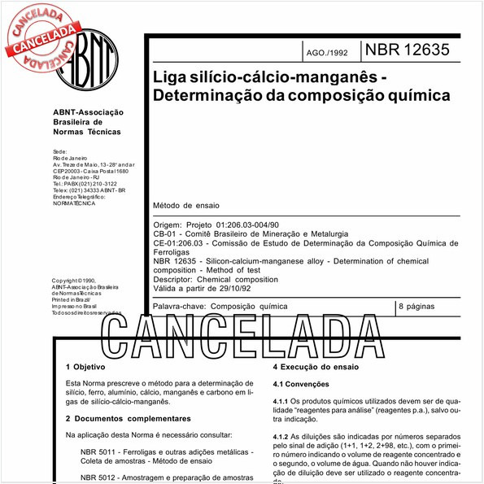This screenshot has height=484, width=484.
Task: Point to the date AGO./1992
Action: (327, 52)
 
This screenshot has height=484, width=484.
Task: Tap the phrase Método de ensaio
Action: (186, 206)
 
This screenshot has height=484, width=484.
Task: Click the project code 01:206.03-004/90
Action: (248, 224)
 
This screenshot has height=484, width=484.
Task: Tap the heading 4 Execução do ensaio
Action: (316, 367)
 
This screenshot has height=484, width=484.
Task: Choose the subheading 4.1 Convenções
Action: (301, 384)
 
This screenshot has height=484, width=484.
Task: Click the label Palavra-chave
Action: (179, 307)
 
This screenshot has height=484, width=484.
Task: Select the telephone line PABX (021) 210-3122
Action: (84, 184)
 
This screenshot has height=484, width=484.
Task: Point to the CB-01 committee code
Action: (166, 233)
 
